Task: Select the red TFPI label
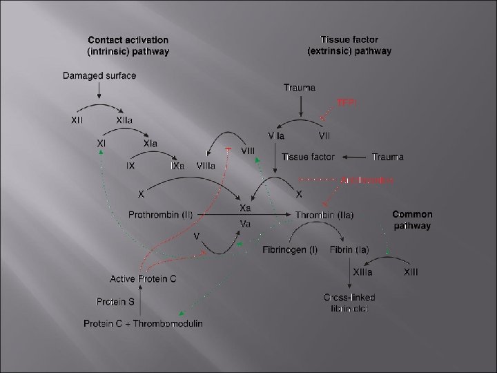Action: pos(346,102)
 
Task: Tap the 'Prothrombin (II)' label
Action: pos(160,215)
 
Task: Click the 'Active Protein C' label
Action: pos(143,278)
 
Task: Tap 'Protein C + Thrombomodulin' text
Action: pos(143,323)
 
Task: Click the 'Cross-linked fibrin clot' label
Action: pos(349,303)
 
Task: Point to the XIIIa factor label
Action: pos(364,274)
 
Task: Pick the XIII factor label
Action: pos(411,274)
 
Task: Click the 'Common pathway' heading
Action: pos(412,220)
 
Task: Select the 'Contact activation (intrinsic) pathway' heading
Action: pos(128,46)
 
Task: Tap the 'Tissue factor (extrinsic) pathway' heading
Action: pos(349,46)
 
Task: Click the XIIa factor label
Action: pos(126,120)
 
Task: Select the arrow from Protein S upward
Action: pos(141,294)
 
